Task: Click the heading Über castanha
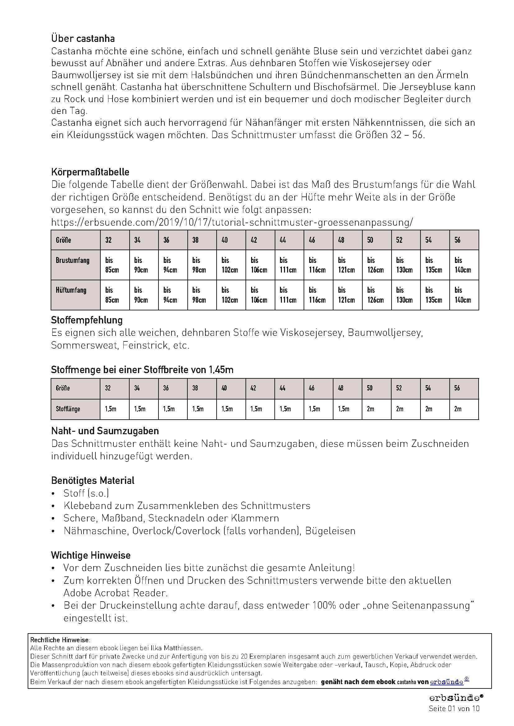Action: point(83,38)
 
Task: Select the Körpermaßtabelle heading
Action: point(90,172)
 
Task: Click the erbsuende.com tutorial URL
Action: point(232,222)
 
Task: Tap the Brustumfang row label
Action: point(72,260)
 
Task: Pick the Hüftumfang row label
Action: point(71,290)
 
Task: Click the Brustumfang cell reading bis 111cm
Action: point(288,265)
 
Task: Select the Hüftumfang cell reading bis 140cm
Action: point(463,295)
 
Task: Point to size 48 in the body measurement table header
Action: point(341,240)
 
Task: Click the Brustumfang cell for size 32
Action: point(112,265)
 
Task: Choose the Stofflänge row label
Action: point(68,409)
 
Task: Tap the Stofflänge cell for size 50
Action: point(370,409)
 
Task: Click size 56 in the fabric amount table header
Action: point(457,388)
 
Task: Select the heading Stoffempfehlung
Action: point(87,320)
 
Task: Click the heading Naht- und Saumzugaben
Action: point(105,431)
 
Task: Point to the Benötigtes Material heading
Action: point(93,480)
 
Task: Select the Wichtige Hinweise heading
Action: point(91,555)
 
